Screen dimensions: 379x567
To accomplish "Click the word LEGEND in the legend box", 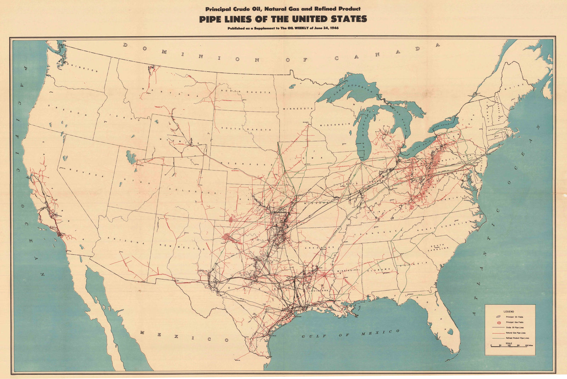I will point(509,311).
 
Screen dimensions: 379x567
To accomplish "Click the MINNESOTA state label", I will point(298,108).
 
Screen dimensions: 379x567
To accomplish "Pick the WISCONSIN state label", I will point(335,125).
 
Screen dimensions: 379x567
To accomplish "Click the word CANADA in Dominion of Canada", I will point(386,53).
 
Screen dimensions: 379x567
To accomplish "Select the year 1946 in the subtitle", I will point(332,28).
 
